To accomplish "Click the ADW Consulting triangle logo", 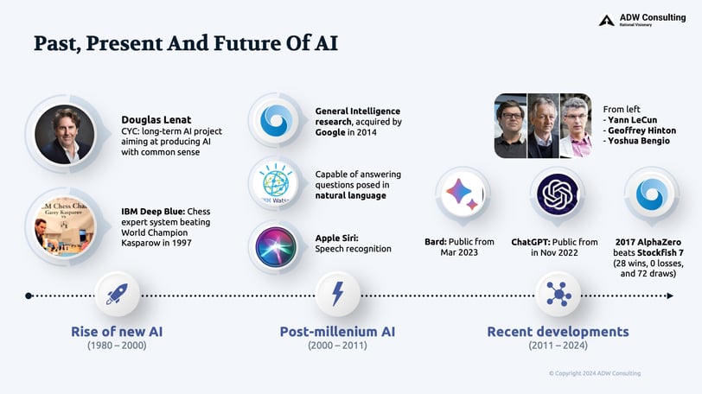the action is (606, 20).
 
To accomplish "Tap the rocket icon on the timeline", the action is (117, 295).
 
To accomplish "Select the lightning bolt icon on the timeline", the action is (337, 295).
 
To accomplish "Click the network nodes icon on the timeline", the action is (558, 295).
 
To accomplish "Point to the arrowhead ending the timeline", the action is (670, 295).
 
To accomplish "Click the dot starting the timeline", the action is (29, 295).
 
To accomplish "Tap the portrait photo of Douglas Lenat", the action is (65, 134).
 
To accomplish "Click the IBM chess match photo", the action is (65, 227).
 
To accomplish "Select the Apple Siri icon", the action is (276, 247).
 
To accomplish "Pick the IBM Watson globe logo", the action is (276, 184).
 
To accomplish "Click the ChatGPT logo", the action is (558, 194).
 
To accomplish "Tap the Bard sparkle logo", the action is (463, 194).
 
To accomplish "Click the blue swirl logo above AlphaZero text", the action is (652, 194).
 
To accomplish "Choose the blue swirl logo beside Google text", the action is (277, 120).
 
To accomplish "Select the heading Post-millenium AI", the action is (337, 332).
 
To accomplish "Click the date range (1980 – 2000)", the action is (117, 346).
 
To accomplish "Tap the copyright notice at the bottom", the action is (595, 373).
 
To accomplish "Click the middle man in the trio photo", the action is (543, 125).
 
